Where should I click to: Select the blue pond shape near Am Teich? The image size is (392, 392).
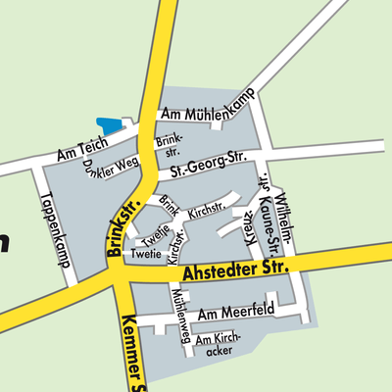[x=111, y=124]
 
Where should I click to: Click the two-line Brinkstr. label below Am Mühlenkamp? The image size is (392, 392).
[x=170, y=146]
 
